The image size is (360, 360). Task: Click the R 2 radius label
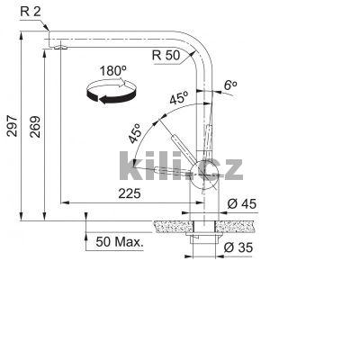pos(31,11)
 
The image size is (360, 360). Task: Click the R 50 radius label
pos(168,55)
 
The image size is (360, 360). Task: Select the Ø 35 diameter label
pos(241,247)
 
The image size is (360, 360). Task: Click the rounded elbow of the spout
pos(200,50)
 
